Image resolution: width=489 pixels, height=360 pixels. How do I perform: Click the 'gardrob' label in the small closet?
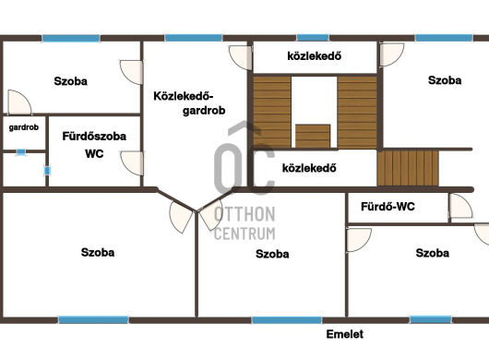(x=24, y=127)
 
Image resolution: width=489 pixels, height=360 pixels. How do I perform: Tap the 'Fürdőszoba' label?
(x=94, y=137)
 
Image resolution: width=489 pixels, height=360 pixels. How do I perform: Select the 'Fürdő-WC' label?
(x=388, y=207)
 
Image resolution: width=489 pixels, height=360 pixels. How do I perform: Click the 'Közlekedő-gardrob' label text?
(x=189, y=103)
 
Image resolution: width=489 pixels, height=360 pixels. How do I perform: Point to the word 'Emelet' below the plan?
(x=345, y=334)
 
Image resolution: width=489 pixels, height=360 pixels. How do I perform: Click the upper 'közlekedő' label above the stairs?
(x=314, y=56)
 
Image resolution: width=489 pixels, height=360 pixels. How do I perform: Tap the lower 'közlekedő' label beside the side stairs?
(x=309, y=168)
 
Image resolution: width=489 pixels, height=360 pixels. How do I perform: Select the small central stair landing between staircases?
(x=313, y=136)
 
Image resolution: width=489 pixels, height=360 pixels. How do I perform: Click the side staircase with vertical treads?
(x=408, y=168)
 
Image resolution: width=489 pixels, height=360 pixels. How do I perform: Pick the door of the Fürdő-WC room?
(x=460, y=206)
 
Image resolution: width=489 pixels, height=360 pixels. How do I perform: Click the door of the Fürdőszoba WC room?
(x=133, y=163)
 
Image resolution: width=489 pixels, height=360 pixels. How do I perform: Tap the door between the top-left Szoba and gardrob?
(x=19, y=102)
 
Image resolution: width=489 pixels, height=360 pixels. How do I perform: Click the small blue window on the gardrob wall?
(x=21, y=152)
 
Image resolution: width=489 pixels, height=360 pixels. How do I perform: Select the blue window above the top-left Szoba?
(x=71, y=39)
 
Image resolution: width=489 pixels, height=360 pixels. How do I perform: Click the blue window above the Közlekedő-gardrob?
(x=194, y=38)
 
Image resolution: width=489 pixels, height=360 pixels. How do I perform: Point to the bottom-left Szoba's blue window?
(x=93, y=319)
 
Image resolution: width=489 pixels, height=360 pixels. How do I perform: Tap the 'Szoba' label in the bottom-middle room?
(x=272, y=254)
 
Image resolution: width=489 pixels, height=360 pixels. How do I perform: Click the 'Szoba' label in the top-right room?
(x=445, y=80)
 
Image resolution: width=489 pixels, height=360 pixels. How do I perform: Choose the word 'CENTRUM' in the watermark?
(x=244, y=234)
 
